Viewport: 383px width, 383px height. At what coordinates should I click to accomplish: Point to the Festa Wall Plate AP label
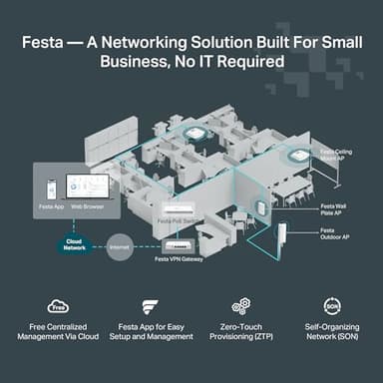(x=334, y=210)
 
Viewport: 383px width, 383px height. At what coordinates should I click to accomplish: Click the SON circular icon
(x=332, y=306)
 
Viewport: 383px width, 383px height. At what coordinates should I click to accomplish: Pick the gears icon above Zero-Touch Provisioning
(x=239, y=306)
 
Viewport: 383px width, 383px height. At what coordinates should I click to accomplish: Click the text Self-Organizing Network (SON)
(x=332, y=332)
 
